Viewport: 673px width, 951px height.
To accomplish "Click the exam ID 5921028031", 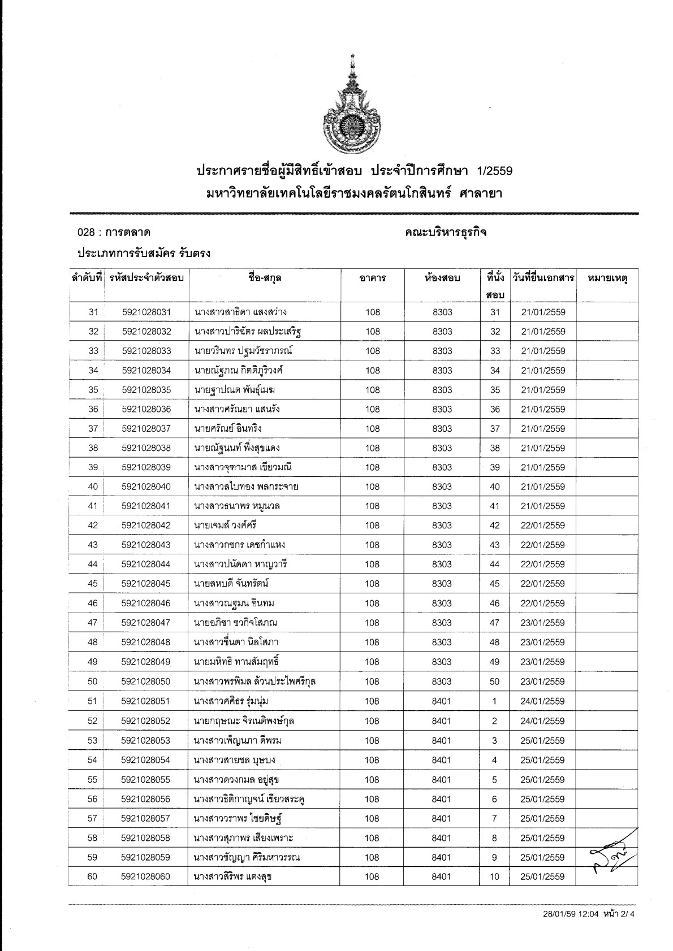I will click(x=146, y=312).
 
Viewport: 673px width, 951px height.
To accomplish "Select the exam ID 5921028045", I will click(x=146, y=584).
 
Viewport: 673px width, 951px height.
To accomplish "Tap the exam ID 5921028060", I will click(x=146, y=876).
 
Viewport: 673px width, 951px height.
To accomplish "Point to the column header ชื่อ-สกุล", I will click(x=265, y=278).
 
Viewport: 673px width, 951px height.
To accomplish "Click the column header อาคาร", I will click(x=373, y=278).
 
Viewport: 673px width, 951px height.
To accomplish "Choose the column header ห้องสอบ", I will click(x=442, y=278).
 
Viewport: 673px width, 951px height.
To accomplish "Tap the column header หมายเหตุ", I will click(x=608, y=278).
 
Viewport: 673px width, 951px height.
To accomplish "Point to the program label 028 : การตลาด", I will click(x=114, y=232).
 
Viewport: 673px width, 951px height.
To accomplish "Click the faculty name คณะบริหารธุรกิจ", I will click(x=446, y=232).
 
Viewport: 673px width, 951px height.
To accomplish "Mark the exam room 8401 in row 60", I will click(x=442, y=876).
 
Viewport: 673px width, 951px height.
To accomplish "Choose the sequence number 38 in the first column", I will click(x=93, y=448).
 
